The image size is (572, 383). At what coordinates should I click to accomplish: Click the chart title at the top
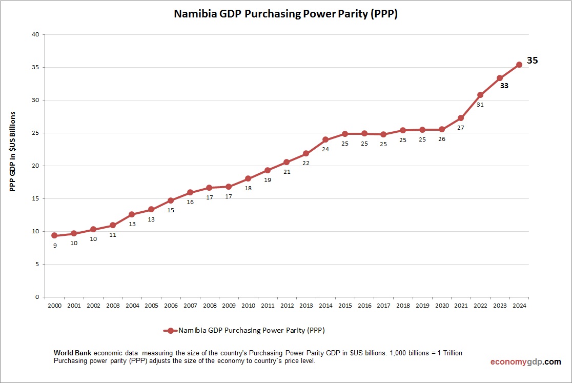(285, 14)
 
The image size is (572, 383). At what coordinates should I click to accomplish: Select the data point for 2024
(519, 65)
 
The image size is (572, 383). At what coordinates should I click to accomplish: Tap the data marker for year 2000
(54, 235)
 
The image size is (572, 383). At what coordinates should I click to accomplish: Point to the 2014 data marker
(325, 139)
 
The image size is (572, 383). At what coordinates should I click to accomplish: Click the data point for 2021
(461, 118)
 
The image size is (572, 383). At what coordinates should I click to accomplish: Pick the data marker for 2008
(209, 188)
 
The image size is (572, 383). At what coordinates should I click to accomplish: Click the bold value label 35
(533, 61)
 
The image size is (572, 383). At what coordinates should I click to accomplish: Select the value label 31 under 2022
(480, 104)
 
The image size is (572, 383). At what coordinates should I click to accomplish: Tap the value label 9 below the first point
(55, 246)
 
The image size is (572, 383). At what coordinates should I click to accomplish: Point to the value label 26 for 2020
(441, 139)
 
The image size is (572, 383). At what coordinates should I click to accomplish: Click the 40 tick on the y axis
(35, 35)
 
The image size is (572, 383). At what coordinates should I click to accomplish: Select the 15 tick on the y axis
(35, 198)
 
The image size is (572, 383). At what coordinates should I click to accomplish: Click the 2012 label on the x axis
(287, 306)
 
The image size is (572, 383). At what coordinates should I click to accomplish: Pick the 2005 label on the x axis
(151, 306)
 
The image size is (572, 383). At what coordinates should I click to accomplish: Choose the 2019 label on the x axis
(422, 306)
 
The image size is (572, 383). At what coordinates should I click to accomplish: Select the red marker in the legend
(170, 331)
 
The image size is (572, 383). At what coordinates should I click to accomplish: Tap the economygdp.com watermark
(525, 361)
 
